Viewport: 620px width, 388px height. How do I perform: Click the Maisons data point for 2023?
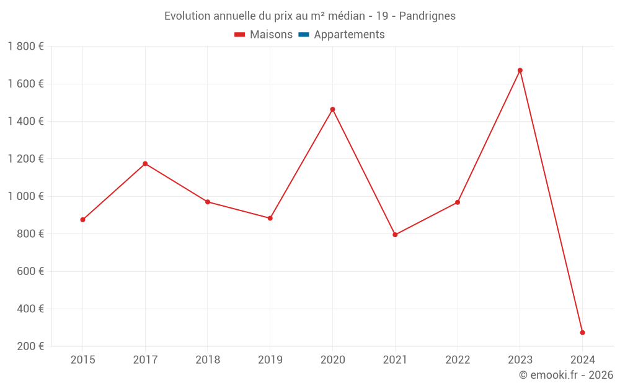pos(520,70)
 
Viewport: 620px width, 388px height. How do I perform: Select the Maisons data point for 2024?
pos(582,333)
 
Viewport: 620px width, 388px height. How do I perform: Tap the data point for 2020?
pos(332,109)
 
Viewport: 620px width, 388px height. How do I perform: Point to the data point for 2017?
pos(145,164)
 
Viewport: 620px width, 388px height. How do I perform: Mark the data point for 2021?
pos(395,235)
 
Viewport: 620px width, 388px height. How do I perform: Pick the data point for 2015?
pos(82,220)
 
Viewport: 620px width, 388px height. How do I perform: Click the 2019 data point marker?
pos(270,219)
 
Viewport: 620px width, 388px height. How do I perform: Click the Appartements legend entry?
pos(349,35)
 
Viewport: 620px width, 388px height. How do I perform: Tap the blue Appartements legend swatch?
pos(303,35)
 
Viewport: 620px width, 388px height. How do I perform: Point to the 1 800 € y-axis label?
pos(26,47)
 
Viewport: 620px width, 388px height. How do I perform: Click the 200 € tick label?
pos(30,346)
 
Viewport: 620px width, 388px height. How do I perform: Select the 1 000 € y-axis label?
pos(26,196)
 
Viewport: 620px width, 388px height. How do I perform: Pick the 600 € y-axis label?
pos(30,271)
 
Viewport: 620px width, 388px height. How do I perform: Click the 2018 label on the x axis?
pos(208,359)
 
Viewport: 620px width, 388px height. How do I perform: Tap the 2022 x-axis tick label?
pos(458,359)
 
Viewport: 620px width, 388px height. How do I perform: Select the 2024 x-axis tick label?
pos(582,359)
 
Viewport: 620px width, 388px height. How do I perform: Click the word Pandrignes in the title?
pos(427,16)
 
